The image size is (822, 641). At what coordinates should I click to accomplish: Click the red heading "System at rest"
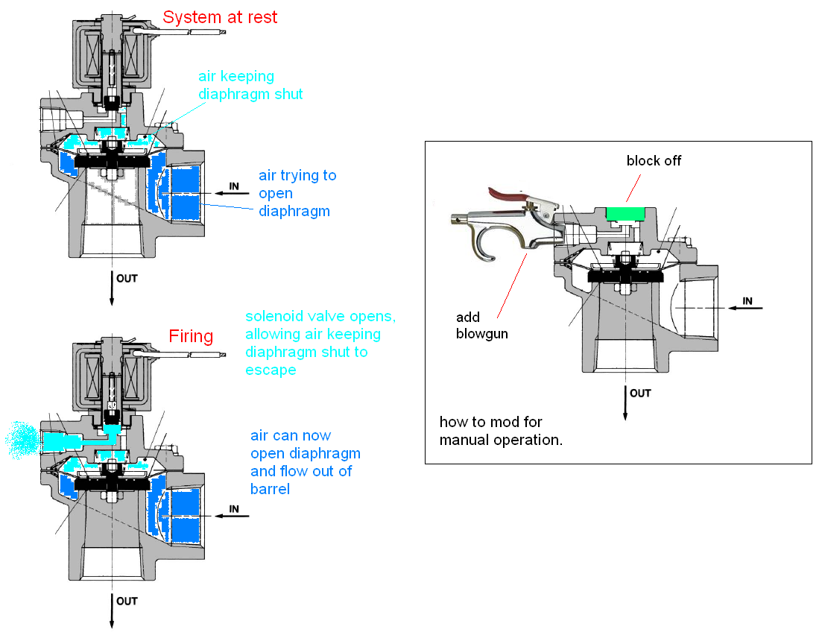coord(220,17)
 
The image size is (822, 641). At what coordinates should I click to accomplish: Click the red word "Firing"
coord(191,336)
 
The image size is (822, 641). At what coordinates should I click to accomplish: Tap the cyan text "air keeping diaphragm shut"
coord(250,85)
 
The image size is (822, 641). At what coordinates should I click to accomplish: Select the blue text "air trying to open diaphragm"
coord(297,193)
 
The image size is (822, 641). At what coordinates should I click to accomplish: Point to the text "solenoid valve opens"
coord(320,316)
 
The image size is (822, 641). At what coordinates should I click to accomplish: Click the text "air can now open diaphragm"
coord(306,453)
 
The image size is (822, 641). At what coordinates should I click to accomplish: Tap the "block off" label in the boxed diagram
coord(654,160)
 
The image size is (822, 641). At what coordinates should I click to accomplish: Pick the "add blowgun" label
coord(481,325)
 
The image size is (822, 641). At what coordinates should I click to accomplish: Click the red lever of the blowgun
coord(510,195)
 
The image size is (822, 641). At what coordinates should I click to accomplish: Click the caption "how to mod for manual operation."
coord(501,431)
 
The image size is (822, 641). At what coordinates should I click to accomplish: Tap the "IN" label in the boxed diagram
coord(747,301)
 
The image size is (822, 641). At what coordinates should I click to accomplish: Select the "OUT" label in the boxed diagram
coord(640,393)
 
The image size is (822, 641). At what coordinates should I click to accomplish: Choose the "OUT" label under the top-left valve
coord(127,278)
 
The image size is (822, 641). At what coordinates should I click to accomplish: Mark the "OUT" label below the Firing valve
coord(127,601)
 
